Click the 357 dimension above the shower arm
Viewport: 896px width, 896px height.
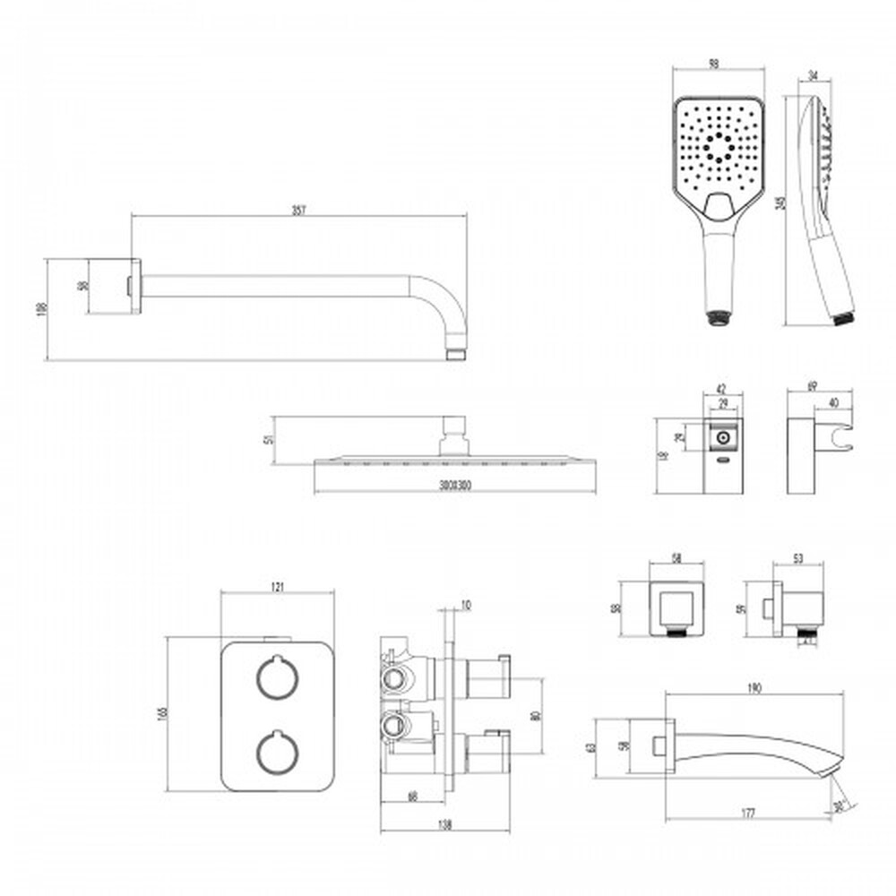[298, 211]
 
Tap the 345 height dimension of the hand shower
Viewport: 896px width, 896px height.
[782, 203]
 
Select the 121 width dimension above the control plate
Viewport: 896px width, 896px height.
[277, 587]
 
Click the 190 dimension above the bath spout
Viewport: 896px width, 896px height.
[754, 688]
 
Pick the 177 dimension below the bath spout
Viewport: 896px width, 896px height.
[748, 814]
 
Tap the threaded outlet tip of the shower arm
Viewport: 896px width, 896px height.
[457, 355]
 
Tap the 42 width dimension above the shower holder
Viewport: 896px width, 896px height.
[723, 389]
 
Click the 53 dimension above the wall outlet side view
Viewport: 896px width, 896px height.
[798, 558]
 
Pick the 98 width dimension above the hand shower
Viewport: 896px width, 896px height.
[714, 65]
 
